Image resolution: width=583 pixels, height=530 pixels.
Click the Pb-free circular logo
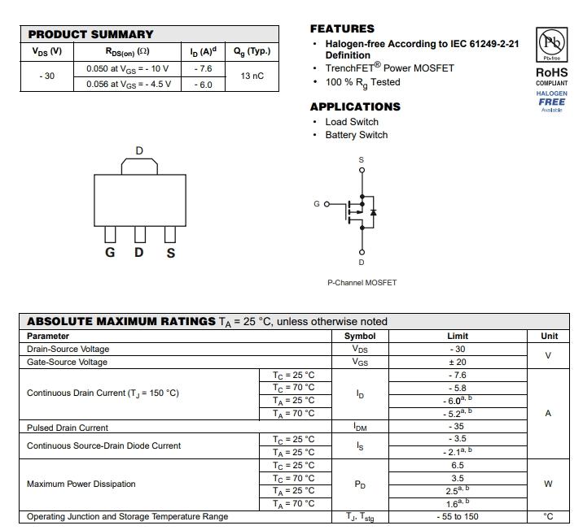pos(551,41)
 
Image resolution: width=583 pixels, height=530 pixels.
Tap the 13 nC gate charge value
pos(252,76)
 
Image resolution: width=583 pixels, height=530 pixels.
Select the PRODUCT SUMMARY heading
pos(90,34)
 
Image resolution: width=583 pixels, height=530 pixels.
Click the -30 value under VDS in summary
pos(46,76)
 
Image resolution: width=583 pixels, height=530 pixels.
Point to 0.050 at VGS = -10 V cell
pos(128,69)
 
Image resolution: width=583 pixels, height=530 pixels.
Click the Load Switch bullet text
pos(352,122)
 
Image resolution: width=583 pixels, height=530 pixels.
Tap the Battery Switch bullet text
pos(357,135)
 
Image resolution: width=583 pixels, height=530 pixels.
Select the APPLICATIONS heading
pos(355,106)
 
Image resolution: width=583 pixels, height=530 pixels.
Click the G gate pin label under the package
pos(108,253)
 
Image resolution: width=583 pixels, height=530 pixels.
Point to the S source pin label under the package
pos(171,253)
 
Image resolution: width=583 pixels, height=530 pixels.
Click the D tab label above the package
pos(139,151)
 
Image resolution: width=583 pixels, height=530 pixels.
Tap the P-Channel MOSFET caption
pos(362,283)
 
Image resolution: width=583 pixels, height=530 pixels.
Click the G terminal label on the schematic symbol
pos(317,203)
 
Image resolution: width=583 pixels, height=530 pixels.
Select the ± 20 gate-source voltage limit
pos(458,362)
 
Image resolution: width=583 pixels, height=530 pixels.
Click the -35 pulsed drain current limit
pos(458,427)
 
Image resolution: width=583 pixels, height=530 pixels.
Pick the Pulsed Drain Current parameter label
pos(68,428)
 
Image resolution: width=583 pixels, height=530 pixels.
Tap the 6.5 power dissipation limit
pos(458,466)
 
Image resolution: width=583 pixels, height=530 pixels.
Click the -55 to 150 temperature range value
pos(458,516)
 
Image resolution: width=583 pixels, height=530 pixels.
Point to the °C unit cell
pos(548,516)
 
